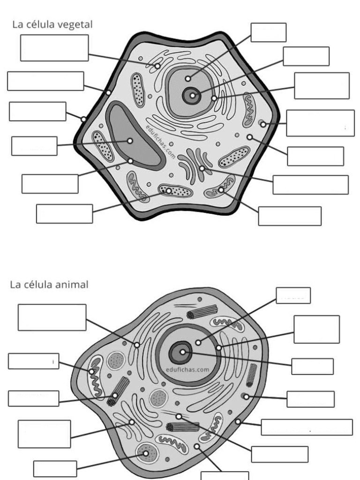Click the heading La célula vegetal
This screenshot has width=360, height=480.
pos(52,25)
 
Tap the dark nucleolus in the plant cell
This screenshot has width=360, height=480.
pos(192,96)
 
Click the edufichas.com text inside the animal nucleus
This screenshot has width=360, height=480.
pos(187,369)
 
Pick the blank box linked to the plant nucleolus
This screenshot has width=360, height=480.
pos(306,56)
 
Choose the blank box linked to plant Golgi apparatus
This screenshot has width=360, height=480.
pos(310,185)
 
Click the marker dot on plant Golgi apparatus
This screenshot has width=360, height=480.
pos(202,168)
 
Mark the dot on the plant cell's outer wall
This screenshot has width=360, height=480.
pos(83,119)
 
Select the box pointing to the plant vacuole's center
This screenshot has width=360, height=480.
pos(34,146)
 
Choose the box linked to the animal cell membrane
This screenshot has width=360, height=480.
pos(307,427)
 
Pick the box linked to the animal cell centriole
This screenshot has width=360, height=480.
pos(33,398)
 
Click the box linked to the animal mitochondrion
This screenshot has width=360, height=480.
pos(33,361)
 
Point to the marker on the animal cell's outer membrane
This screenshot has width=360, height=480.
pos(238,421)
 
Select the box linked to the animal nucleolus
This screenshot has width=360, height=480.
pos(312,366)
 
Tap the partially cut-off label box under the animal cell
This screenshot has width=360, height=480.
pos(225,475)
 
